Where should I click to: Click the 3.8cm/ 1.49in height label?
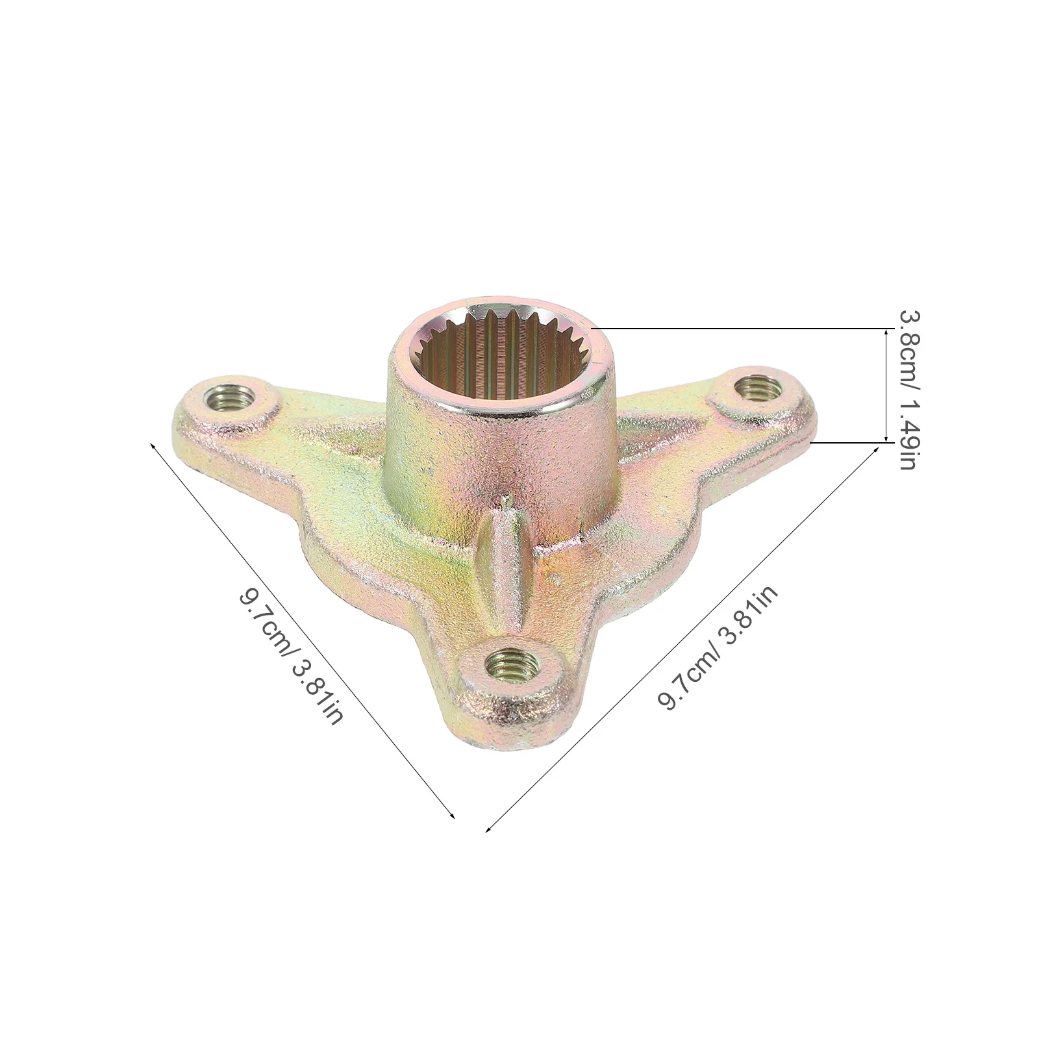(x=907, y=390)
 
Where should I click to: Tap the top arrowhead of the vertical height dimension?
(x=886, y=332)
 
